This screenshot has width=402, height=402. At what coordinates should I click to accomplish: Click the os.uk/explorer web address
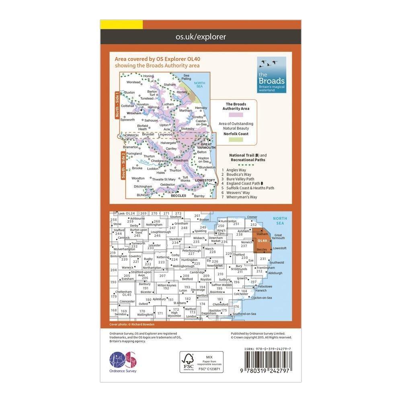point(201,37)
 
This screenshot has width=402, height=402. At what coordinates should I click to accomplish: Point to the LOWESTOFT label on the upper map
point(203,181)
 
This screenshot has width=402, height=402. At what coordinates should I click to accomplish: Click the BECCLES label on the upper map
point(178,195)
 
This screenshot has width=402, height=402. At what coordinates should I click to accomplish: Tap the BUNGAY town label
point(143,195)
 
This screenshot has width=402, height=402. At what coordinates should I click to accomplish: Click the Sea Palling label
point(187,77)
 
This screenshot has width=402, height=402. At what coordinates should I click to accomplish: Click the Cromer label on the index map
point(252,217)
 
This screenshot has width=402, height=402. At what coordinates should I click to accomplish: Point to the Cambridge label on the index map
point(197,272)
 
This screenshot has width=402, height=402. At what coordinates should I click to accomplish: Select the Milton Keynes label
point(166,285)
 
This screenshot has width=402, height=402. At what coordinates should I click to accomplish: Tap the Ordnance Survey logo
point(123,360)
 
